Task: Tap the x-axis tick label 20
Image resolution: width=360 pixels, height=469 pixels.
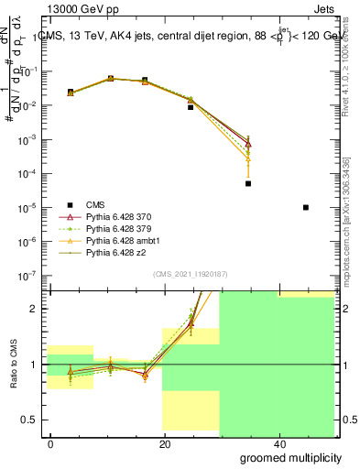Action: pos(164,444)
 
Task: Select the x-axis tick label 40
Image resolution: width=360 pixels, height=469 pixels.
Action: pos(278,444)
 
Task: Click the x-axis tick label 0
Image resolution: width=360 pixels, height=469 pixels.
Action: pos(51,444)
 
